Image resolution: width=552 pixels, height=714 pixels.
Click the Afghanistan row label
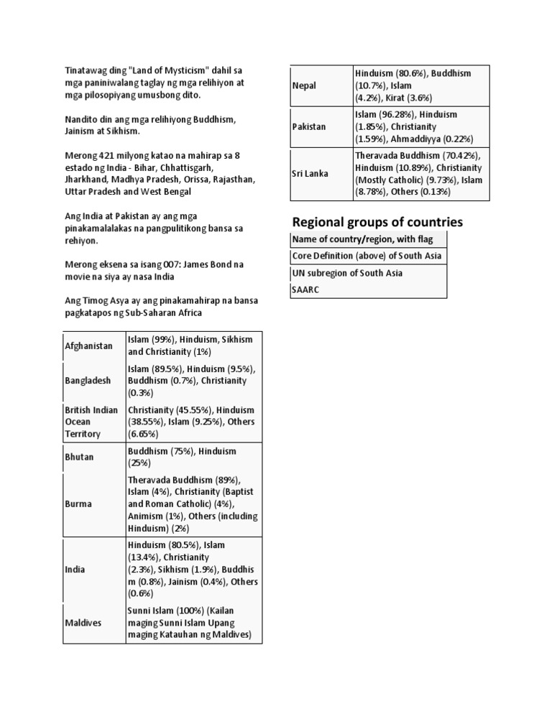pos(89,346)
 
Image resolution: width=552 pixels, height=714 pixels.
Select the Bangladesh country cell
pos(88,380)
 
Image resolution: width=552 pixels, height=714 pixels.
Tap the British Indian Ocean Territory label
pos(91,422)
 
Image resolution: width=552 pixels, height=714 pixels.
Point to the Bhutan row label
pos(80,457)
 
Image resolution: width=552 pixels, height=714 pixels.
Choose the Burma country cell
pos(78,504)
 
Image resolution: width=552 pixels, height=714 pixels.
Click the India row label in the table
pos(75,569)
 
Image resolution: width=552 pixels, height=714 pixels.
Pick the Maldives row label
pos(83,622)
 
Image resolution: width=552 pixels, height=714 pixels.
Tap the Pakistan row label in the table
pos(309,126)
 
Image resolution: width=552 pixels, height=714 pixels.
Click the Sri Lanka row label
pos(310,174)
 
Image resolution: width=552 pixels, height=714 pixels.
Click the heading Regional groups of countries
pos(377,221)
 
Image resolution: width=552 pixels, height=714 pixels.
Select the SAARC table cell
pos(305,290)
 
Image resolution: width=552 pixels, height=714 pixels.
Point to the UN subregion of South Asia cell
pos(346,273)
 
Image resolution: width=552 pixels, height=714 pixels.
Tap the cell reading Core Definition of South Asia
pos(367,256)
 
